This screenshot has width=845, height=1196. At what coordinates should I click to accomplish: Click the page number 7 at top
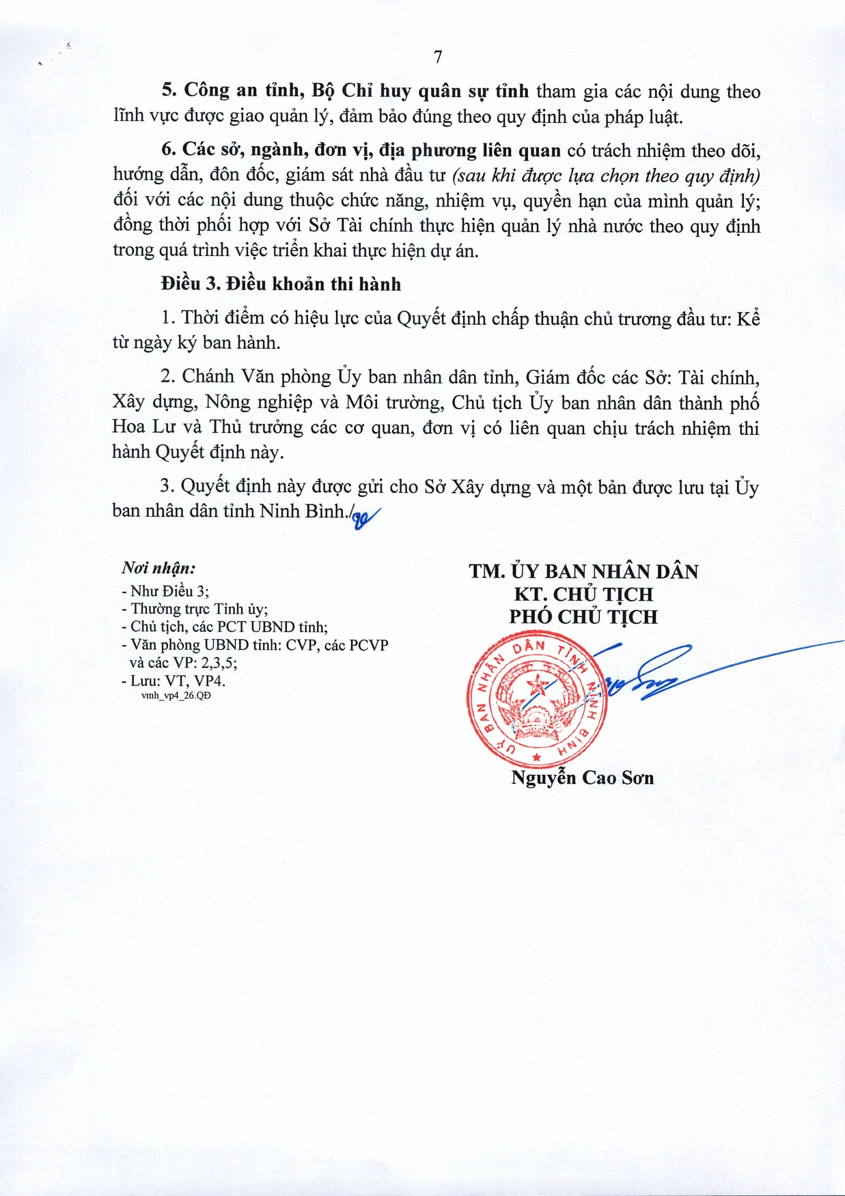coord(438,57)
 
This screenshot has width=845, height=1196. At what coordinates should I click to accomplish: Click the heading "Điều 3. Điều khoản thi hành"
coord(281,284)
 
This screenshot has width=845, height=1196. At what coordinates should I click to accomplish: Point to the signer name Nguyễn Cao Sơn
coord(582,778)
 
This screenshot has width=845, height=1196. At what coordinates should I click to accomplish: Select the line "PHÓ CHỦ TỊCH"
coord(583,616)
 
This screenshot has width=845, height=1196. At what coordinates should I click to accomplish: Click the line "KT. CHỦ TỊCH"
coord(583,594)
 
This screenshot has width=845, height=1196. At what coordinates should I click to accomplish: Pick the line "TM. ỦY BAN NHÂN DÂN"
coord(583,571)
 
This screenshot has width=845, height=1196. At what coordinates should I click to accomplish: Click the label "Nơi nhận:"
coord(158,568)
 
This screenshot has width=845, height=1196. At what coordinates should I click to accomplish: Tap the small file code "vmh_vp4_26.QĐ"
coord(176,696)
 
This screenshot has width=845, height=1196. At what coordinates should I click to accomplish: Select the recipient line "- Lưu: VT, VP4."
coord(174,681)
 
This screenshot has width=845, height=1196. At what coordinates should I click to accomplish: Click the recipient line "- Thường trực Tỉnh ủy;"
coord(195,609)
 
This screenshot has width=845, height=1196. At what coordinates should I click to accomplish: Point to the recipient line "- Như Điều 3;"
coord(165,591)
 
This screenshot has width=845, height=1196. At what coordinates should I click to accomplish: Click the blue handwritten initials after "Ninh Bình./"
coord(365,518)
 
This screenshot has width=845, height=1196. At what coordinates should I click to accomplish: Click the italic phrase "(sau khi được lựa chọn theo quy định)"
coord(606,175)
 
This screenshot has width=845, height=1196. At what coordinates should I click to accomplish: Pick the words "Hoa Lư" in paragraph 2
coord(139,427)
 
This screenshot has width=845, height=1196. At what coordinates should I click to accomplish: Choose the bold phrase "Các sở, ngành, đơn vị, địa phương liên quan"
coord(371,150)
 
